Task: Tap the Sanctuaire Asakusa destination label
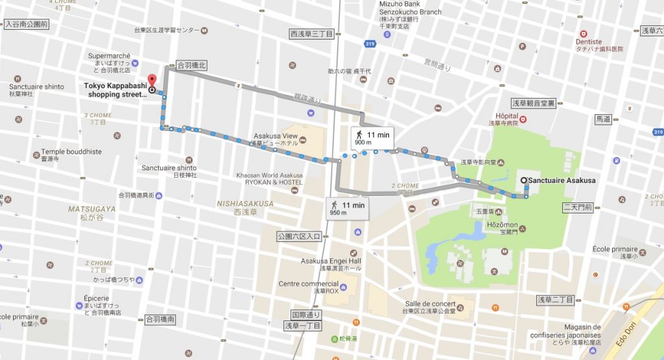pyautogui.click(x=562, y=180)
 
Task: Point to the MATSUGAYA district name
pyautogui.click(x=92, y=209)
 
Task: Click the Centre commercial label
pyautogui.click(x=309, y=283)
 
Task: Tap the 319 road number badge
pyautogui.click(x=370, y=44)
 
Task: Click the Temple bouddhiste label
pyautogui.click(x=71, y=152)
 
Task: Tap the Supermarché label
pyautogui.click(x=110, y=56)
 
